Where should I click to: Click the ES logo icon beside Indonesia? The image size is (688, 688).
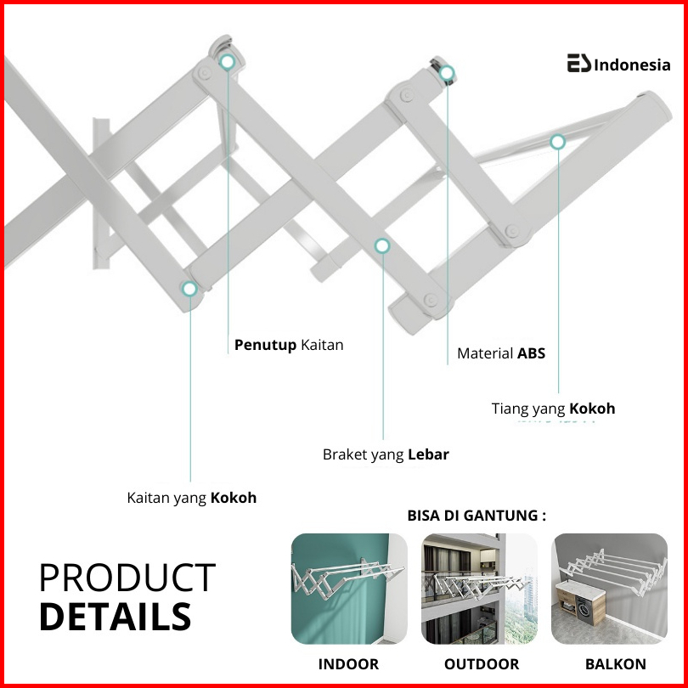pyautogui.click(x=578, y=63)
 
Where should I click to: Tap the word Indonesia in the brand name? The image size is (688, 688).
pyautogui.click(x=632, y=65)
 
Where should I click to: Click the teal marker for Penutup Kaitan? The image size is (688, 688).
pyautogui.click(x=228, y=62)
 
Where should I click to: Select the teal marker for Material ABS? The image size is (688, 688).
pyautogui.click(x=447, y=73)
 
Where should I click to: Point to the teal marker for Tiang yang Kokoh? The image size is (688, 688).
pyautogui.click(x=558, y=142)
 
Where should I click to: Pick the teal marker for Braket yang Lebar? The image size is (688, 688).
pyautogui.click(x=382, y=245)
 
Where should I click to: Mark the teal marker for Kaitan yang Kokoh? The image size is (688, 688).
pyautogui.click(x=189, y=289)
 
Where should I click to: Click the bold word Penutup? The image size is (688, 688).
pyautogui.click(x=266, y=345)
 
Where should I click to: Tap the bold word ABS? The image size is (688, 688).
pyautogui.click(x=532, y=353)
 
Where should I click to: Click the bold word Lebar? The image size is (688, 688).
pyautogui.click(x=429, y=454)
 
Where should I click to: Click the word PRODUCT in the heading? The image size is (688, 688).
pyautogui.click(x=127, y=578)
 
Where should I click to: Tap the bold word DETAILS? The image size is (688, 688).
pyautogui.click(x=116, y=617)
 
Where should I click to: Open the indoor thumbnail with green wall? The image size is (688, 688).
pyautogui.click(x=349, y=589)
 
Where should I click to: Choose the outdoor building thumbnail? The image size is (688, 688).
pyautogui.click(x=479, y=589)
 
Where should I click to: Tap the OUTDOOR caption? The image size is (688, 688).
pyautogui.click(x=482, y=664)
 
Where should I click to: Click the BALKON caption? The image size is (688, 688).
pyautogui.click(x=616, y=664)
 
